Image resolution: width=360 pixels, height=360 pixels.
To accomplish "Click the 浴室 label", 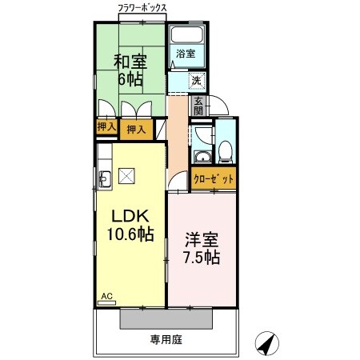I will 186,54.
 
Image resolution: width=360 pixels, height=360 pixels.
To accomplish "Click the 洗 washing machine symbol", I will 196,80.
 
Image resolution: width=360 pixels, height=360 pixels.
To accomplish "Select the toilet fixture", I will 226,150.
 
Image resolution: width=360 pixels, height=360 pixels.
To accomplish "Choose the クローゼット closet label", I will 214,180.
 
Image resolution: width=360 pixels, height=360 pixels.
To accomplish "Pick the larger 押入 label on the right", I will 137,129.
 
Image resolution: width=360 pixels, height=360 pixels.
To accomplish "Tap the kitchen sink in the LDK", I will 104,178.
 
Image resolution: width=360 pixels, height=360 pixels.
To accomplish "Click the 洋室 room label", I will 201,240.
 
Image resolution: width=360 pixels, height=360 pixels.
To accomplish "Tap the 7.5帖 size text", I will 202,258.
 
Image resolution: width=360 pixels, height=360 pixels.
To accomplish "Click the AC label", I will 106,298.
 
